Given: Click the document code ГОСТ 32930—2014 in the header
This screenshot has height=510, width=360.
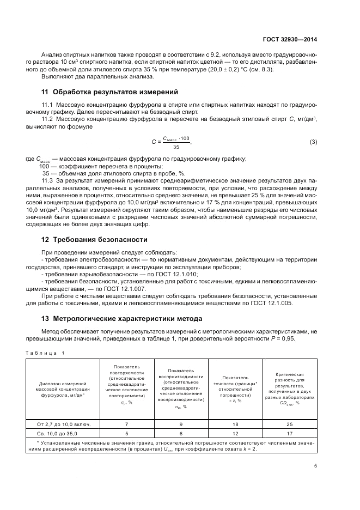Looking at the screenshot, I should tap(290, 39).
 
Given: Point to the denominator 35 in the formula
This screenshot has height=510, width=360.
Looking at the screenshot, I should tap(176, 147).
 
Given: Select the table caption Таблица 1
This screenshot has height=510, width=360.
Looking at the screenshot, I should tap(45, 353).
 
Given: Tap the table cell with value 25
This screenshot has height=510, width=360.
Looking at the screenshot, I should tap(290, 423).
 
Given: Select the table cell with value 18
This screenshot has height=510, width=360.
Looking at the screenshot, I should tap(236, 423).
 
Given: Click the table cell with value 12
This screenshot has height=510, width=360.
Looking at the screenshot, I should tap(236, 433).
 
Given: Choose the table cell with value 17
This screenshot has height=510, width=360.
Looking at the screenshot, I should tap(290, 433).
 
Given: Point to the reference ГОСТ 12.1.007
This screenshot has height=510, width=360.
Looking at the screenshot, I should tap(113, 288).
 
